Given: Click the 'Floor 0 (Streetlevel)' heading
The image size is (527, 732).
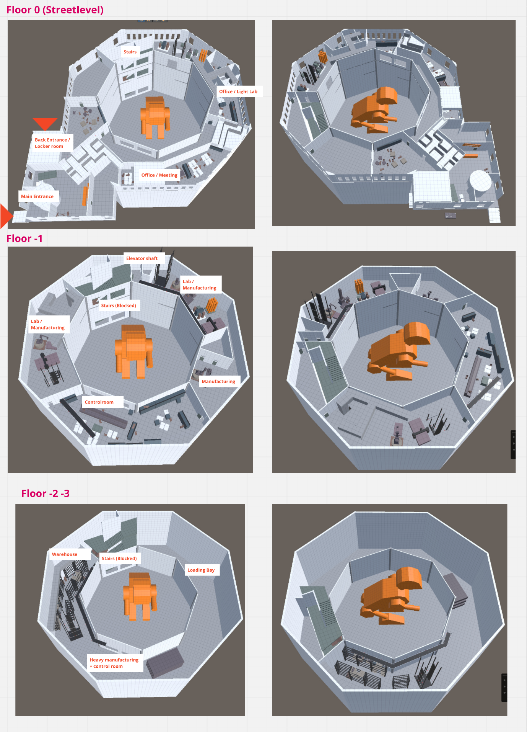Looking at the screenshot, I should coord(55,10).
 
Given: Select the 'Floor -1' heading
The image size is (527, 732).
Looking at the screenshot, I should coord(24,239).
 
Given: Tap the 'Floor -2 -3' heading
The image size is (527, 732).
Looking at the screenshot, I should coord(46,493).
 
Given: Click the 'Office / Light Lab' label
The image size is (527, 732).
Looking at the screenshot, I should coord(238,91).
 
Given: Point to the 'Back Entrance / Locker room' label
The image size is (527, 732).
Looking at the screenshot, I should coord(52,143).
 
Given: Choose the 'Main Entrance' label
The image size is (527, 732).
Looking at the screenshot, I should coord(37,196).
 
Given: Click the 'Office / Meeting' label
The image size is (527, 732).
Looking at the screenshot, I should coord(159,175).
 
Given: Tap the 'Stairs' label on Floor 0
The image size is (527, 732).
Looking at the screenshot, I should coord(130,52).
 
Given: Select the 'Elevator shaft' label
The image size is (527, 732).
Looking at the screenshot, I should coord(142,258).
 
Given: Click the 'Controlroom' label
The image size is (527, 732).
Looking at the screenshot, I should coord(99,402).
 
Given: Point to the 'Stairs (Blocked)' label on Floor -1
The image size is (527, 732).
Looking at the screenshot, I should coord(119,306).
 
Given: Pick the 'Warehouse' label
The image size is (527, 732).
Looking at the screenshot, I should coord(65,554).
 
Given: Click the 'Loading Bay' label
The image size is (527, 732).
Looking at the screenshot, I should coord(201,570).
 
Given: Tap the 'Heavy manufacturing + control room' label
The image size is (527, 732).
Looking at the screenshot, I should coord(114,663).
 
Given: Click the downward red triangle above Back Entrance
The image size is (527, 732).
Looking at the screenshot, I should coord(45,123).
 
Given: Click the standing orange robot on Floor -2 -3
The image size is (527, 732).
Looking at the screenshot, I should coord(140,595).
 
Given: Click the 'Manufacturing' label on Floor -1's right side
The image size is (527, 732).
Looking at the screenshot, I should coord(218,381).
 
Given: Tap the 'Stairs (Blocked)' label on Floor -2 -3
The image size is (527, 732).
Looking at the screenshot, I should coord(119,558).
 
